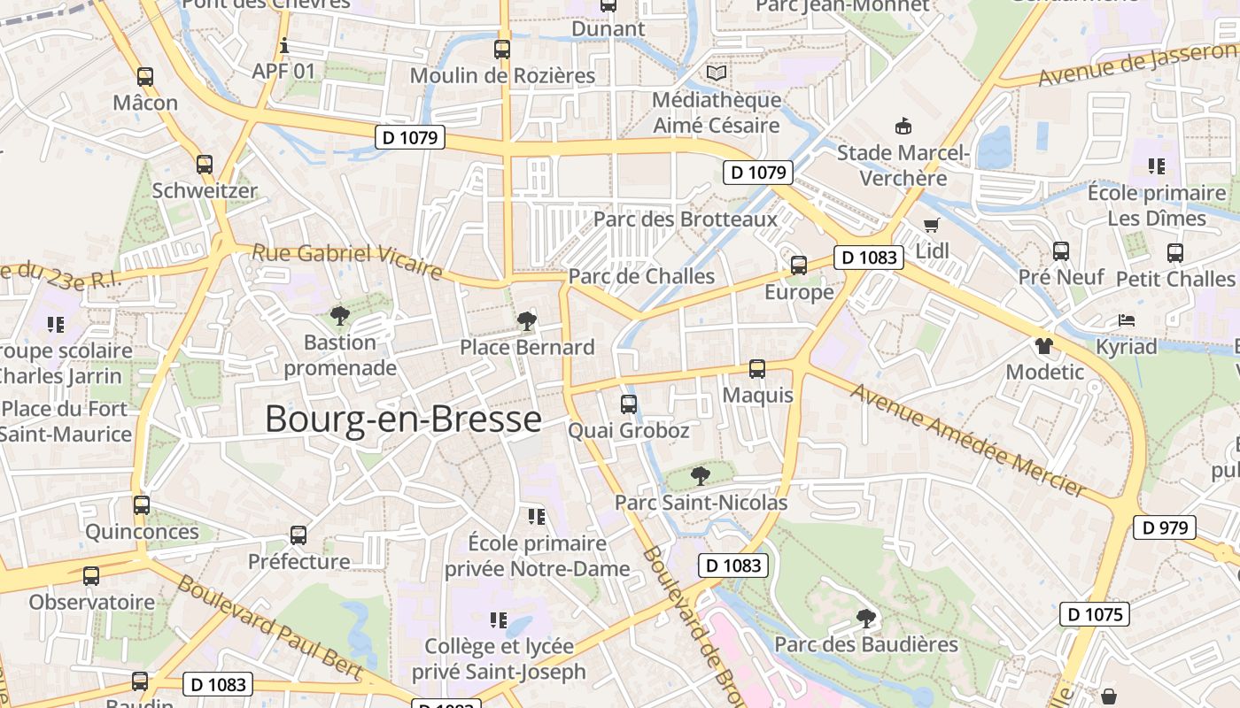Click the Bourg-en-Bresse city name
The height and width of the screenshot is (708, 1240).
[403, 419]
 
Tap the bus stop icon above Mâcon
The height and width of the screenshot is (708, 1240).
[145, 77]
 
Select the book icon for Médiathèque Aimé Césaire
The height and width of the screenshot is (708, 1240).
[716, 73]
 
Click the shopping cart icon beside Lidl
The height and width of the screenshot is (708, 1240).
[931, 225]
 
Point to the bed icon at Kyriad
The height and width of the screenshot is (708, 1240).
[1126, 319]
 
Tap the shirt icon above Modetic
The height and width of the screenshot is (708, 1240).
[1044, 344]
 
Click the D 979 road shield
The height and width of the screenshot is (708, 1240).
[1165, 527]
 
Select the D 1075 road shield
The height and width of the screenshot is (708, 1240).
[1095, 614]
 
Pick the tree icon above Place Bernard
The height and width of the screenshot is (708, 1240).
[527, 320]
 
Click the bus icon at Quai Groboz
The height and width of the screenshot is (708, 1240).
[629, 404]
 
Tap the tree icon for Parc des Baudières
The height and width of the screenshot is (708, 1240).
[866, 618]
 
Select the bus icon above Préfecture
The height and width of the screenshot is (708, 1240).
[298, 535]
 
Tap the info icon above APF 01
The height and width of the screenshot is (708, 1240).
[284, 46]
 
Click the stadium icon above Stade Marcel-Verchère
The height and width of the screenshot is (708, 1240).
[903, 126]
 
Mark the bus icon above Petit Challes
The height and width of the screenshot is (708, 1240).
[1175, 253]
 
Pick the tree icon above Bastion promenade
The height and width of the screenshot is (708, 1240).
[339, 316]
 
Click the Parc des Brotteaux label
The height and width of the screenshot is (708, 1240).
[685, 219]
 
